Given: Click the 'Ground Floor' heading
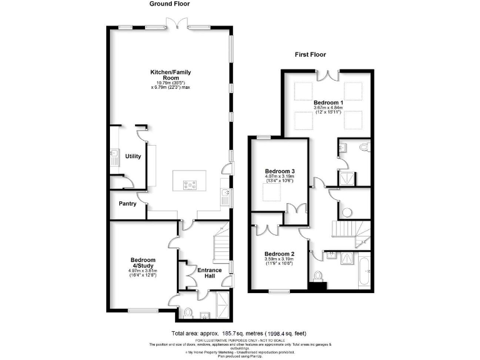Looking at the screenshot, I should [170, 4].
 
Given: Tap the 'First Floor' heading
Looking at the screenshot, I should [311, 54].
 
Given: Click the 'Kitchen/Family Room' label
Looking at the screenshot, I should [170, 76].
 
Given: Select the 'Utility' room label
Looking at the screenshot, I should [133, 156].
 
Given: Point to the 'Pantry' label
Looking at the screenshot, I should [127, 204].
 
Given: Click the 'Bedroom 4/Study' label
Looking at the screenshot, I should [143, 263].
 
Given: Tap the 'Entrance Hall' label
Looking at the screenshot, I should [210, 274].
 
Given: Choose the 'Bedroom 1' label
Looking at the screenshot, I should [328, 102].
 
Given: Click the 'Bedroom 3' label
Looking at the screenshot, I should [279, 171].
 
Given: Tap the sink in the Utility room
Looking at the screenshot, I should [115, 155].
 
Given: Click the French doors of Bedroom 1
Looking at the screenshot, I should [329, 75].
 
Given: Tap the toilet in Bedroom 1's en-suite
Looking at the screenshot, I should [365, 147].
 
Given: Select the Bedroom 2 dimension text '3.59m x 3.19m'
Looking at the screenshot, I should [279, 259].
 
